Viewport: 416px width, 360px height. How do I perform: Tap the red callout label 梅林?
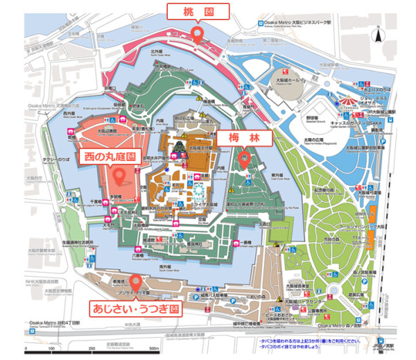243,138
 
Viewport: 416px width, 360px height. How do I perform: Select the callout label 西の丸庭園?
114,155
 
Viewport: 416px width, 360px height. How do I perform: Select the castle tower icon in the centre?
178,147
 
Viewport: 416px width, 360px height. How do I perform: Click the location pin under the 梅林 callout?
243,160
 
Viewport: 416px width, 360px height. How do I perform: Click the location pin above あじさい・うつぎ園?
136,283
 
